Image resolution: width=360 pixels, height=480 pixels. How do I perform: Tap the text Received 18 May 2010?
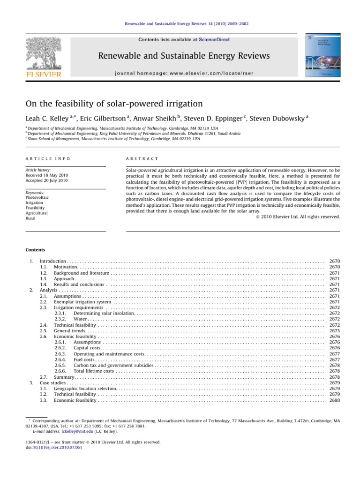[45, 175]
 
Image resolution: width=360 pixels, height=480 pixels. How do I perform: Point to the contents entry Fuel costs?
[84, 360]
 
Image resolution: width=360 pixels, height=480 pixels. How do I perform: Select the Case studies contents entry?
[53, 382]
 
